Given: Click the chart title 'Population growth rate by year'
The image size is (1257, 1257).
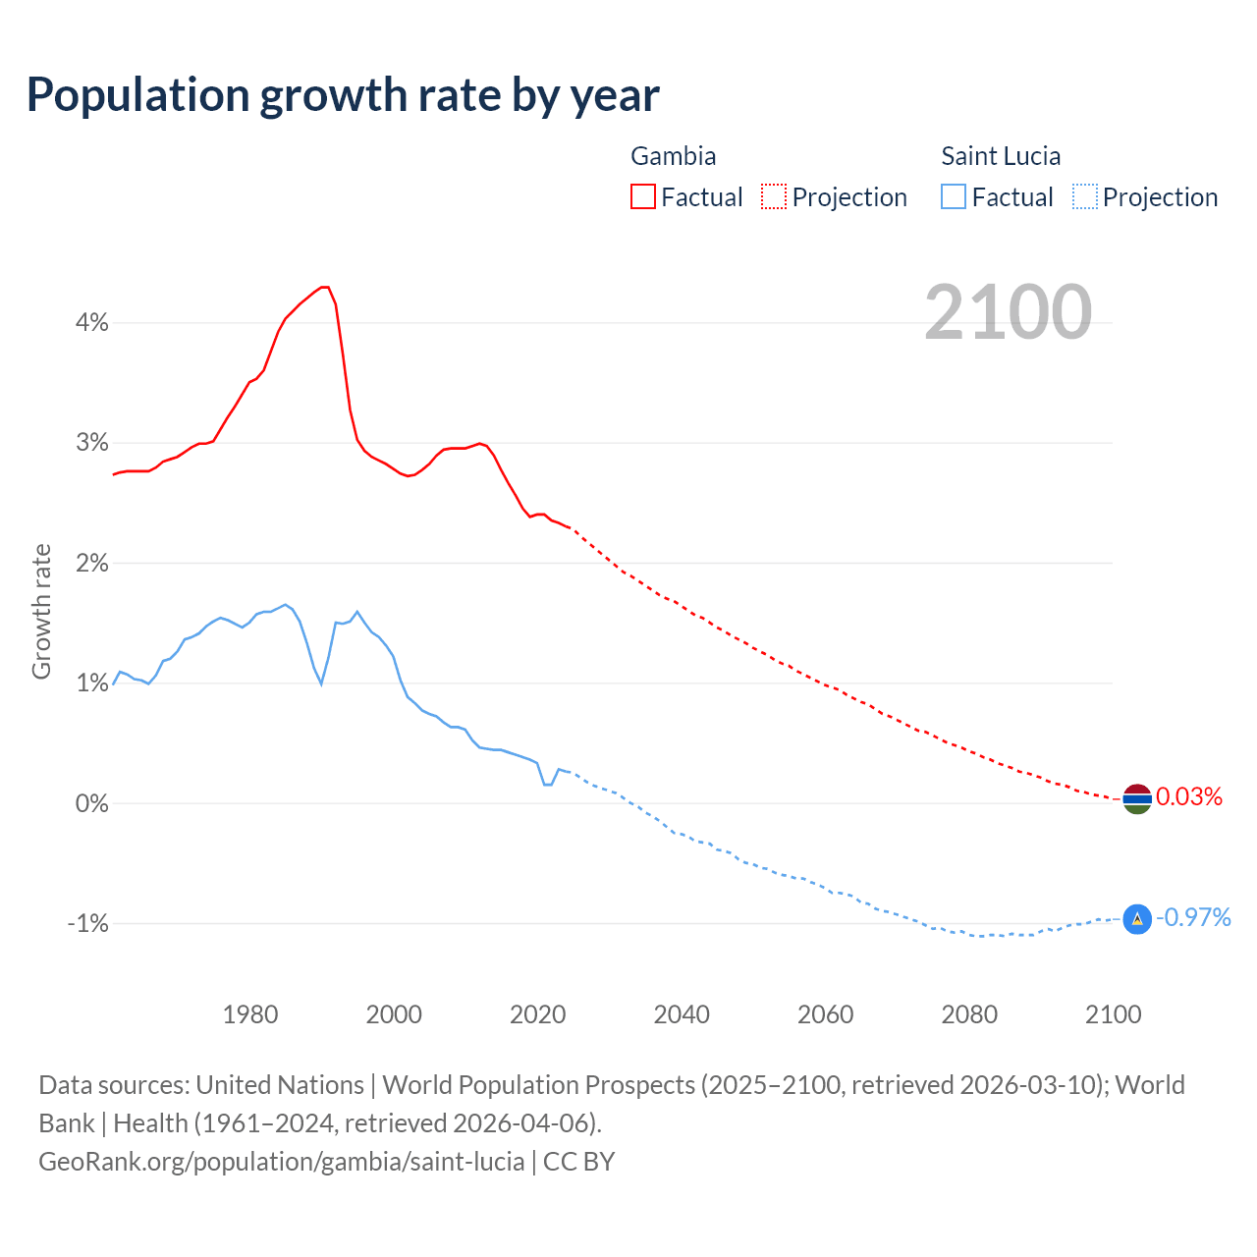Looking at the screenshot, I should (x=343, y=95).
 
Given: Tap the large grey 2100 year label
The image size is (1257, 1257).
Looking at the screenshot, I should (x=1008, y=312).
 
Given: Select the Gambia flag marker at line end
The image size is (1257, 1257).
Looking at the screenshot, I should (x=1136, y=799).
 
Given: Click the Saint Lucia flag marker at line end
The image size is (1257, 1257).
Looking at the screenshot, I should (x=1136, y=919).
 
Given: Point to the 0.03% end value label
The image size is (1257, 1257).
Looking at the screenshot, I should (x=1189, y=796).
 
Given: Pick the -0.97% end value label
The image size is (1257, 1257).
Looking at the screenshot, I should (x=1193, y=917).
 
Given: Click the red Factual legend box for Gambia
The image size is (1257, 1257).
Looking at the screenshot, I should (x=643, y=197).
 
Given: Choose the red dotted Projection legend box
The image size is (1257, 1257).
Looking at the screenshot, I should (x=774, y=197).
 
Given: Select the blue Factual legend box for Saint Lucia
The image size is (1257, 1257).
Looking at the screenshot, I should (x=954, y=197).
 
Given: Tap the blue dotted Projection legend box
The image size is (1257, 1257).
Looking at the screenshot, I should (x=1084, y=197).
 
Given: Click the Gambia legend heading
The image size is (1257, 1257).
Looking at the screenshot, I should (x=673, y=156).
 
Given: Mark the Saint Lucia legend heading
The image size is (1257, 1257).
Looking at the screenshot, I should (x=1001, y=156).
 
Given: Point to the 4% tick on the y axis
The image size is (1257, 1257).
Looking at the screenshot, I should (x=91, y=322).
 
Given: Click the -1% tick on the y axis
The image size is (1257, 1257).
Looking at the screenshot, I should (x=87, y=924).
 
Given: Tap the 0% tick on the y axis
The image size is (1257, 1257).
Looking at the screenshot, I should (x=91, y=803).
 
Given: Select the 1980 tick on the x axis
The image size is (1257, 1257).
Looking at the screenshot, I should (x=250, y=1014).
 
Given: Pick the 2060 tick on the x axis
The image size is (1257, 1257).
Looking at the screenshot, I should (x=825, y=1014).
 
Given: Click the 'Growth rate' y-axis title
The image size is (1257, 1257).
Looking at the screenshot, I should (x=41, y=611).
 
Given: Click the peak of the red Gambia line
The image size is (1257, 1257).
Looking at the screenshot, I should (x=324, y=287).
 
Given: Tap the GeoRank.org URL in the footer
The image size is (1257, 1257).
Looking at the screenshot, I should (x=282, y=1162).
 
